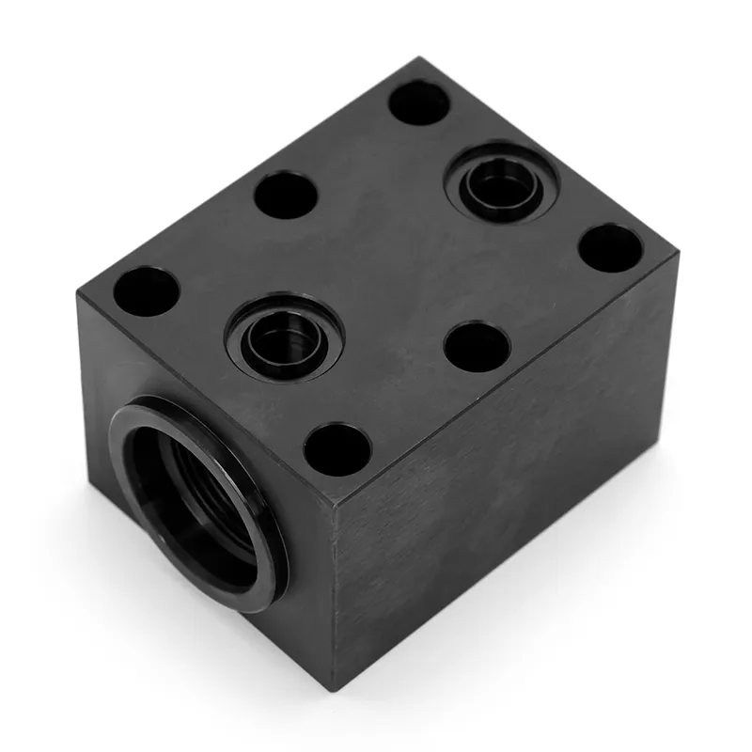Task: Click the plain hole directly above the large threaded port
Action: (146, 290)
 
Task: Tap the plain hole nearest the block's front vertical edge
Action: (337, 449)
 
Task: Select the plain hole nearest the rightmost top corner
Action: (610, 248)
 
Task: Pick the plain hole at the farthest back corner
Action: (419, 102)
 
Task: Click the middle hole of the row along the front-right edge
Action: (477, 346)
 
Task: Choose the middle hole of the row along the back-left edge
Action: (286, 195)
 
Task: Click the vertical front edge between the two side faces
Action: (333, 592)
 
